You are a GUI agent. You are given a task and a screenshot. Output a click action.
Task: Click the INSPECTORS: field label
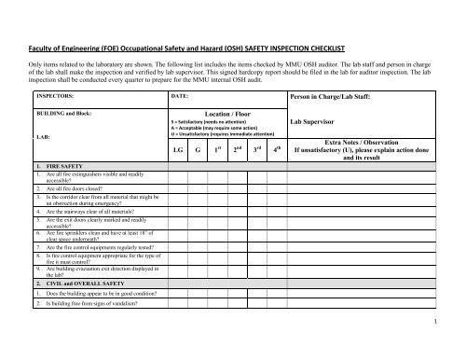(55, 95)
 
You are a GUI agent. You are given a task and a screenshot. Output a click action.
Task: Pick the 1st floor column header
(218, 148)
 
